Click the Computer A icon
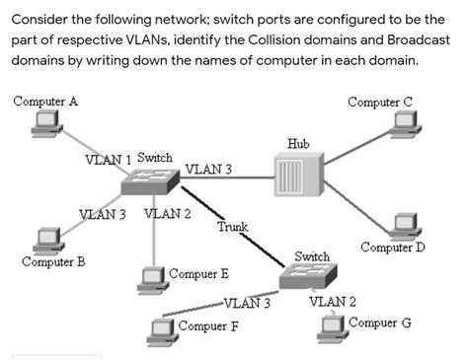pyautogui.click(x=44, y=123)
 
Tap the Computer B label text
pyautogui.click(x=53, y=262)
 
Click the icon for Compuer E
pyautogui.click(x=151, y=277)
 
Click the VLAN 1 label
pyautogui.click(x=109, y=159)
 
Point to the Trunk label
pyautogui.click(x=233, y=228)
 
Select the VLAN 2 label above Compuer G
pyautogui.click(x=333, y=301)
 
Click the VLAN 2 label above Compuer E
pyautogui.click(x=167, y=213)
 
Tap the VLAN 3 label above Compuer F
pyautogui.click(x=248, y=303)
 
